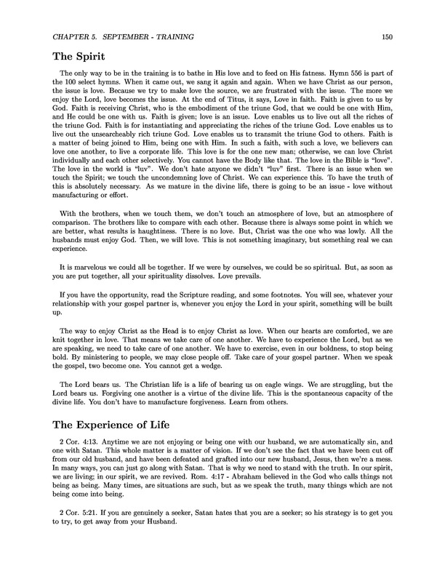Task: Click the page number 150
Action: point(386,36)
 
